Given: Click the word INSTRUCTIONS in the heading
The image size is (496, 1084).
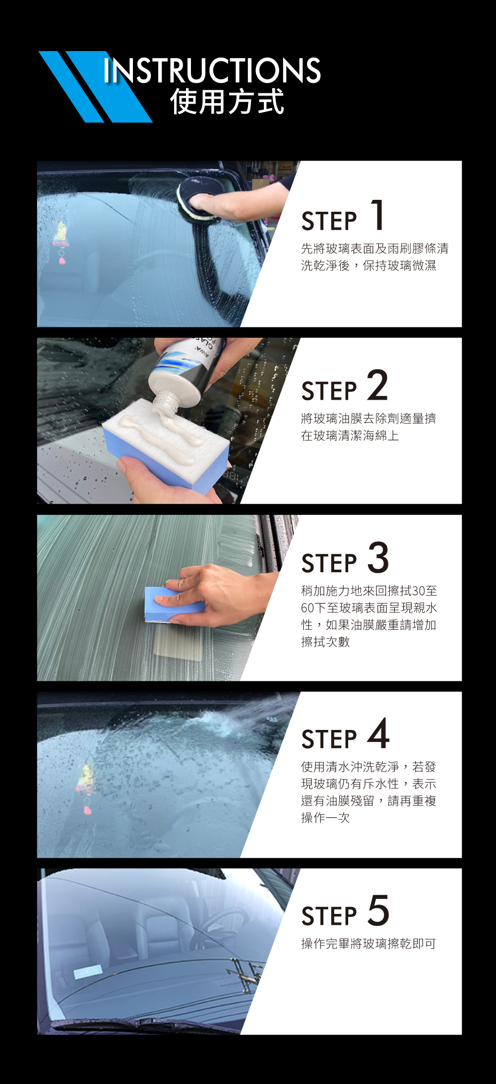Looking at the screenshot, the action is tap(212, 70).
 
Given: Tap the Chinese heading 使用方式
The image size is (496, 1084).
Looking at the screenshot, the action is tap(227, 102).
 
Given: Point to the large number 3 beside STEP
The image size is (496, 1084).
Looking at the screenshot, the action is tap(378, 557).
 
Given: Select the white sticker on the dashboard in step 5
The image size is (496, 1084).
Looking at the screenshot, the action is tap(88, 971).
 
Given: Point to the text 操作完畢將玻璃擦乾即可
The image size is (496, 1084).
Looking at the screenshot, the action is tap(369, 943).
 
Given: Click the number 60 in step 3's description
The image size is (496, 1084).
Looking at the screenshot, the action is tap(308, 608).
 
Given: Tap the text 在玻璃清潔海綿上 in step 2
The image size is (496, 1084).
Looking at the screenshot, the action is tap(350, 436).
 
